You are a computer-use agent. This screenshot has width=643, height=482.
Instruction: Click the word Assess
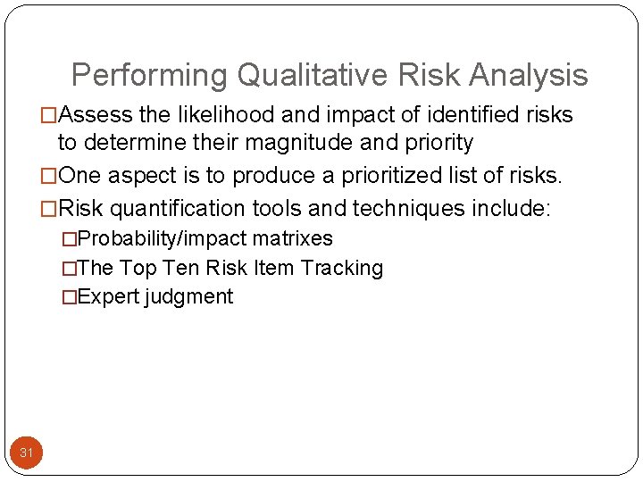pyautogui.click(x=98, y=115)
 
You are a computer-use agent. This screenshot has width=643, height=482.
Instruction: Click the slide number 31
pyautogui.click(x=27, y=453)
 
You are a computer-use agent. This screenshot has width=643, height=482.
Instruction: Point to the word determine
pyautogui.click(x=131, y=143)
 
